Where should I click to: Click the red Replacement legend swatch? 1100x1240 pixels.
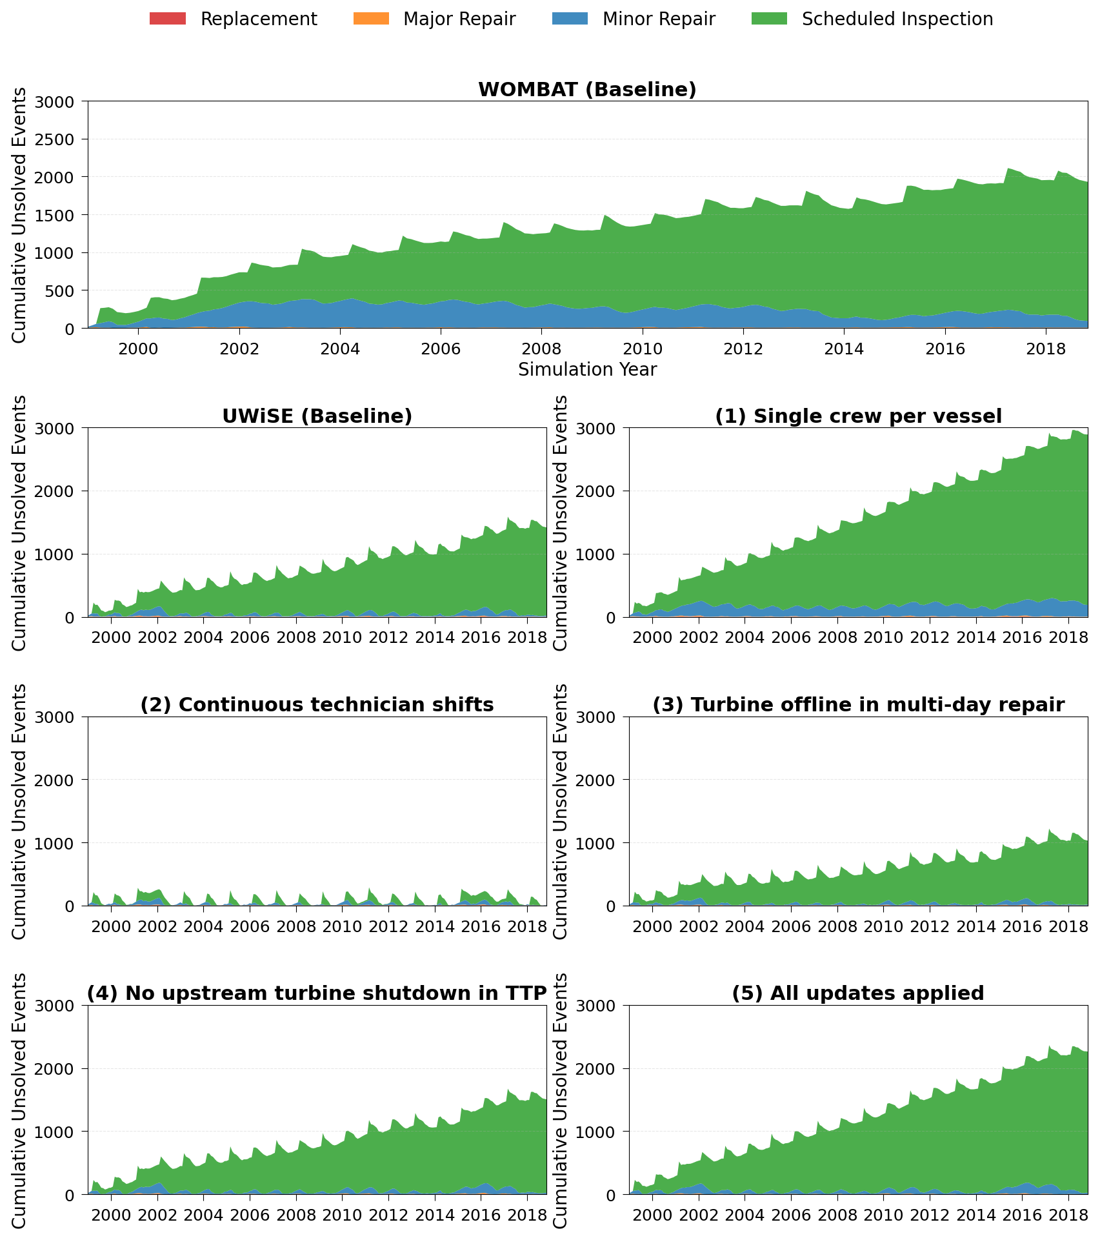[x=168, y=19]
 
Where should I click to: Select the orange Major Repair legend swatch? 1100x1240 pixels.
[x=371, y=19]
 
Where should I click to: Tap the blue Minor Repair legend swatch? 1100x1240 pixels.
[x=570, y=19]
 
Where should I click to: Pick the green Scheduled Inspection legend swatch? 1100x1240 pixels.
[x=770, y=19]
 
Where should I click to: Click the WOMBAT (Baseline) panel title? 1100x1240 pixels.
[x=587, y=90]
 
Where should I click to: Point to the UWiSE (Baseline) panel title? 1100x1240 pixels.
[x=317, y=416]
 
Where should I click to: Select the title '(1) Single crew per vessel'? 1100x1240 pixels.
[x=858, y=416]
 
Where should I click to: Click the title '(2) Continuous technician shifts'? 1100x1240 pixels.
[x=317, y=705]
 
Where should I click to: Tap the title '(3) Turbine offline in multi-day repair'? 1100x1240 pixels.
[x=858, y=705]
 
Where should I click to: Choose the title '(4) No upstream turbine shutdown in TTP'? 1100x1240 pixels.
[x=317, y=993]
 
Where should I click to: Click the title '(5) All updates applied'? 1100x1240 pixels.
[x=858, y=993]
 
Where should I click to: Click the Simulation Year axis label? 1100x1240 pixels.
[x=587, y=370]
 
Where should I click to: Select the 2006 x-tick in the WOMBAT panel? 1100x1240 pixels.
[x=440, y=349]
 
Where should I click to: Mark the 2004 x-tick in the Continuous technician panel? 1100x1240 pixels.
[x=203, y=926]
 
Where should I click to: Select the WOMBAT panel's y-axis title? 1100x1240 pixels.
[x=20, y=215]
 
